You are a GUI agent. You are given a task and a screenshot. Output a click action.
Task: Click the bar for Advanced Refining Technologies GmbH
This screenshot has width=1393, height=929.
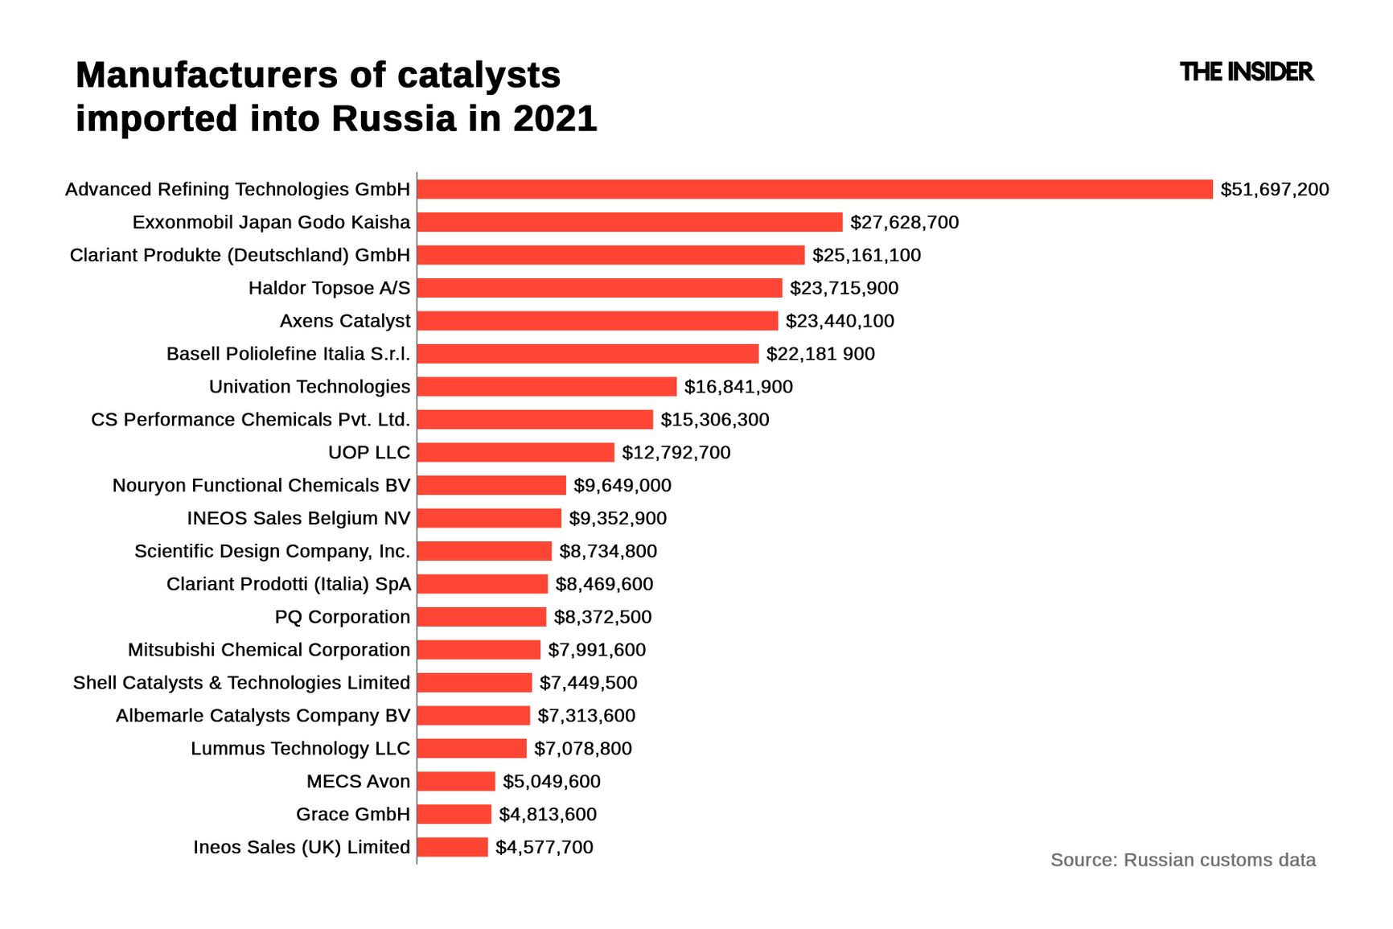pos(814,189)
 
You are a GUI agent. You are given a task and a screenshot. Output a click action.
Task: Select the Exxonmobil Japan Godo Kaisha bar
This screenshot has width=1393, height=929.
pos(629,222)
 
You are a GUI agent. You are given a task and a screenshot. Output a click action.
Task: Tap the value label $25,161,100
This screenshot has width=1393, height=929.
pos(866,255)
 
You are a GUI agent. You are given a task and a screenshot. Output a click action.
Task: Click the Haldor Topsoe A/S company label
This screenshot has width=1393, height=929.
pos(329,288)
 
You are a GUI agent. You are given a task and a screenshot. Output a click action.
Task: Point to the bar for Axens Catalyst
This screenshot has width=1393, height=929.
pos(597,321)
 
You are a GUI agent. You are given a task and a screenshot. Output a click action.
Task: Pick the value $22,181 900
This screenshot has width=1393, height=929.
pos(820,354)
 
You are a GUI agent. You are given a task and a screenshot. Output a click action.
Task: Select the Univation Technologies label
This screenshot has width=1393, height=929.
pos(310,387)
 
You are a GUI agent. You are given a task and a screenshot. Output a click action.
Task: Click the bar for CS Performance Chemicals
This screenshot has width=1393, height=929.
pos(535,420)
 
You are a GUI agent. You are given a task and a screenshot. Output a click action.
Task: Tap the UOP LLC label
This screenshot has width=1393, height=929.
pos(369,453)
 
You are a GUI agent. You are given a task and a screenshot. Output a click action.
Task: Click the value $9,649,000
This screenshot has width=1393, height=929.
pos(622,486)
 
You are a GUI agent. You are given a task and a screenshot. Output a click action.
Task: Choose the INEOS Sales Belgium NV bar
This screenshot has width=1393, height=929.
pos(489,519)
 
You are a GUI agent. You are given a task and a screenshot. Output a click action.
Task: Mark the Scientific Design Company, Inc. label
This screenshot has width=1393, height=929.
pos(272,552)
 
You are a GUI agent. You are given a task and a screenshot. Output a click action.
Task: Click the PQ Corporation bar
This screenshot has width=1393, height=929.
pos(481,617)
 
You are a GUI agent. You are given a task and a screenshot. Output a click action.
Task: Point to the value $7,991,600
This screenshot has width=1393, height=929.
pos(597,650)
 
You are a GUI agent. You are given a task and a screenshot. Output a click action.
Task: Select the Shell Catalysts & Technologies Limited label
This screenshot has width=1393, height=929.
pos(241,683)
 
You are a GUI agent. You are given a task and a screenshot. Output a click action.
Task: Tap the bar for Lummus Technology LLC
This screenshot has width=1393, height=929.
pos(471,749)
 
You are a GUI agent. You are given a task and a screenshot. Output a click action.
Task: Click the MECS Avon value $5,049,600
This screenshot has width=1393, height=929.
pos(551,782)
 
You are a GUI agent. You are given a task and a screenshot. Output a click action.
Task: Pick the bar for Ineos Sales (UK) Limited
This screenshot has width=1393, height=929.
pos(452,847)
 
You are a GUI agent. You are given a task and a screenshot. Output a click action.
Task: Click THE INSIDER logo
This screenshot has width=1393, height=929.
pos(1246,72)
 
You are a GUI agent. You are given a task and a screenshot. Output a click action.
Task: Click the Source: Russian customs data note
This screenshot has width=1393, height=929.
pos(1182,860)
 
